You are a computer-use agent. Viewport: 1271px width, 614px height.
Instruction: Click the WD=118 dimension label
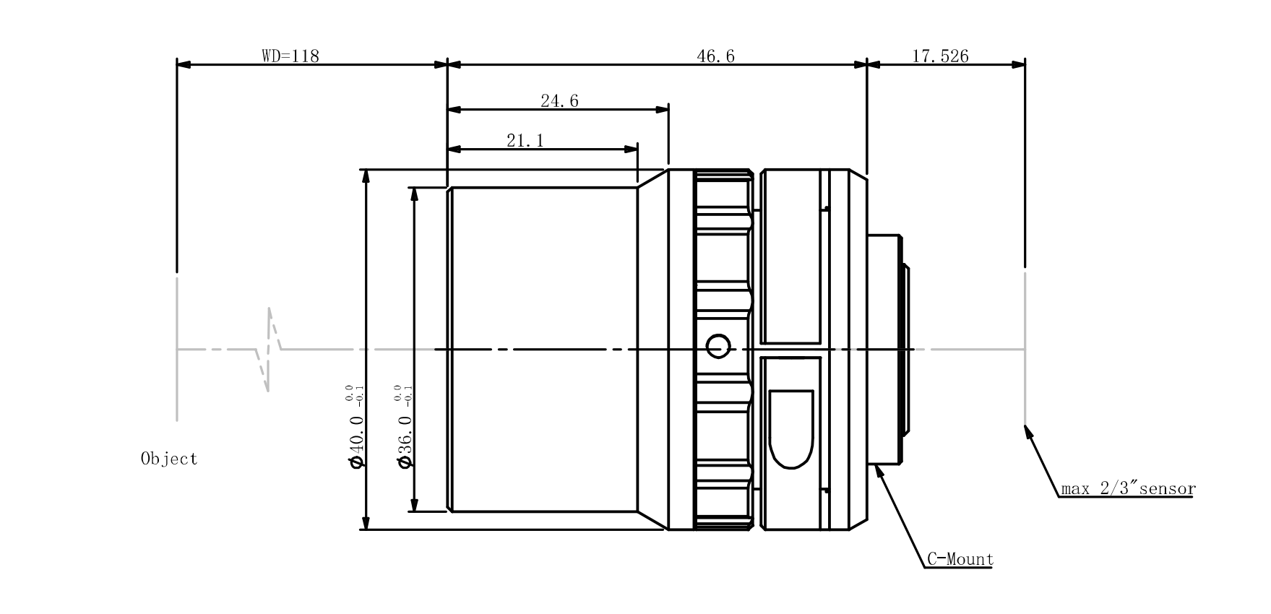tap(290, 56)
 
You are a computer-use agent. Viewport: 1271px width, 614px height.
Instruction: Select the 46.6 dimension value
tap(715, 56)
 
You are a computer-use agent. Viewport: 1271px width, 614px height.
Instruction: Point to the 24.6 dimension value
tap(559, 101)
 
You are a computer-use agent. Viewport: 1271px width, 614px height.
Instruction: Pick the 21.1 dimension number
tap(525, 140)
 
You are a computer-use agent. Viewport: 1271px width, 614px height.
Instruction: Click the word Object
tap(169, 459)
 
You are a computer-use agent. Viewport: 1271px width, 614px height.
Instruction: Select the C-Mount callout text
tap(960, 559)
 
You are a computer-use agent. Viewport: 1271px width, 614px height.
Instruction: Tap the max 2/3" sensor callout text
tap(1128, 489)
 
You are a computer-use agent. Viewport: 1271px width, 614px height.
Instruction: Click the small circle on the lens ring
tap(717, 346)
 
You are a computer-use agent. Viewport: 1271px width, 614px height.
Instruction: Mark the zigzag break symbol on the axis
tap(269, 350)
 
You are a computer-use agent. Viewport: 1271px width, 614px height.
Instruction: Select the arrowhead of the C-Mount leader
tap(879, 471)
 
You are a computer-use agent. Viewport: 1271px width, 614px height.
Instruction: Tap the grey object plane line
tap(177, 347)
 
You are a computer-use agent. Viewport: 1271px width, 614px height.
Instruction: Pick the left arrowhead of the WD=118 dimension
tap(184, 64)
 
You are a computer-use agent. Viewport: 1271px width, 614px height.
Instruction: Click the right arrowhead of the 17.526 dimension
tap(1018, 64)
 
